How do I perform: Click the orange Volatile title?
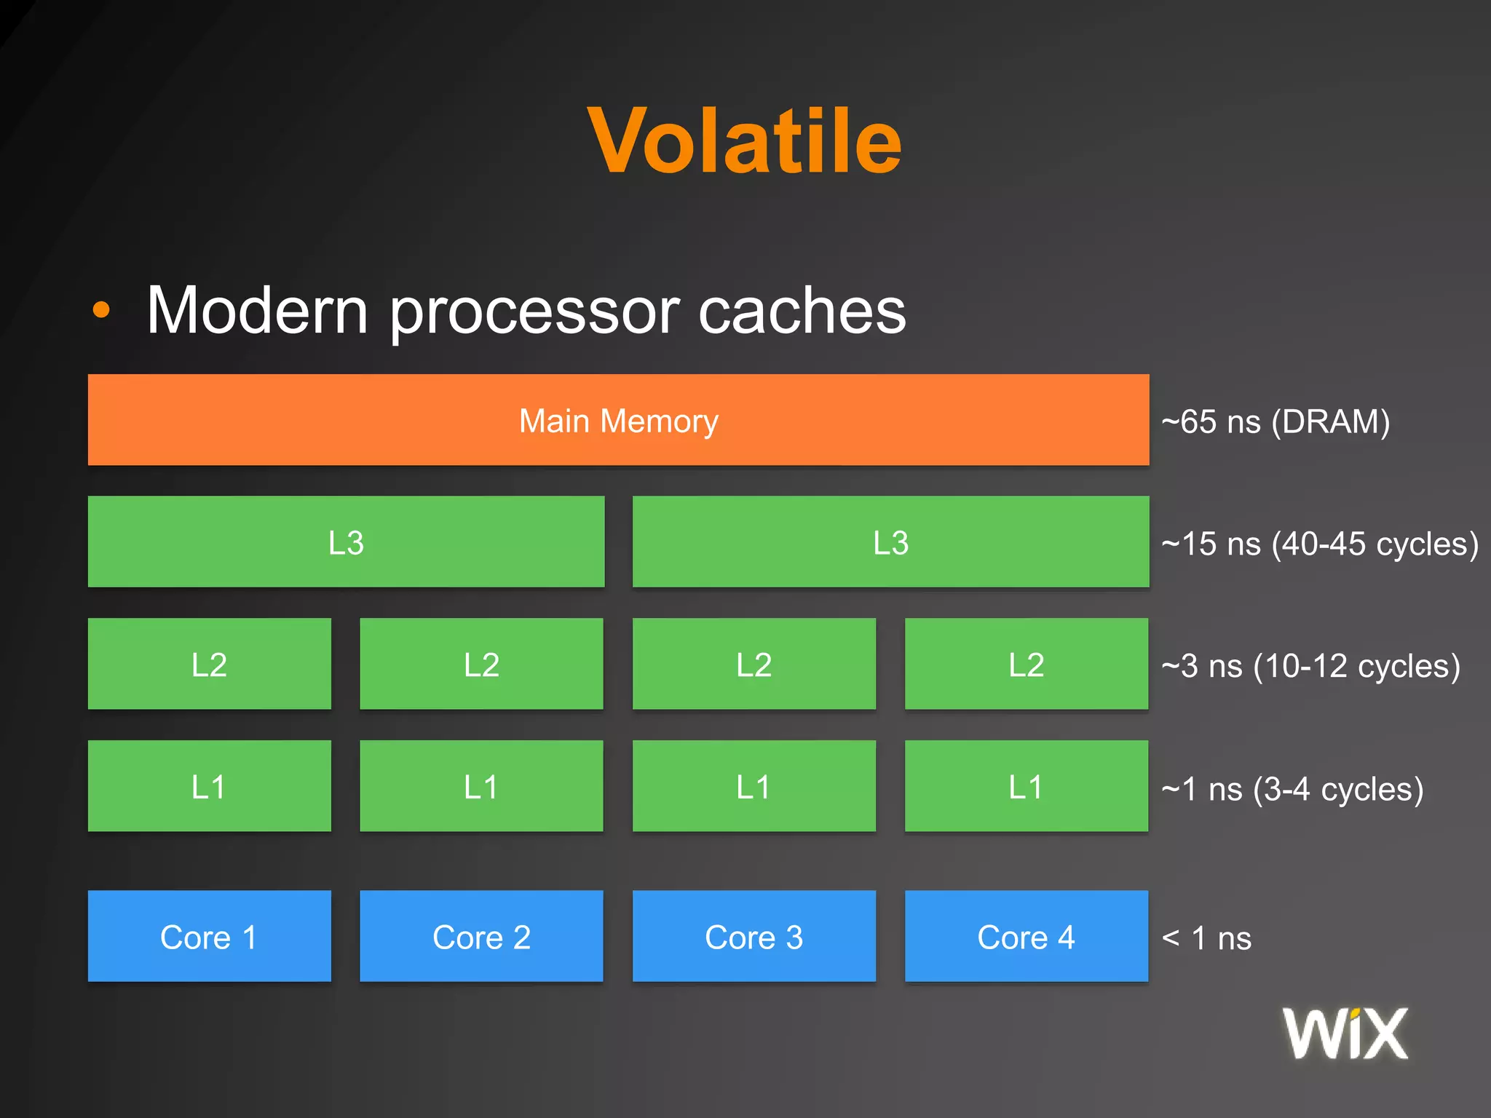point(744,141)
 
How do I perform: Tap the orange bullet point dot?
point(101,310)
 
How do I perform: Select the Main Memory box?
point(618,420)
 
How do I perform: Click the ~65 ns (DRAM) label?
point(1276,422)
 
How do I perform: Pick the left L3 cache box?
point(346,542)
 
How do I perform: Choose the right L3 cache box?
point(890,542)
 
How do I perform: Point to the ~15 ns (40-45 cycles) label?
point(1319,544)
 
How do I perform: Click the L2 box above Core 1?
point(209,664)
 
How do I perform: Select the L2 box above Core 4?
point(1026,664)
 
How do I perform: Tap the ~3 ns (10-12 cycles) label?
point(1310,666)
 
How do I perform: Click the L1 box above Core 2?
point(481,786)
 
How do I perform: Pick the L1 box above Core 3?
point(754,786)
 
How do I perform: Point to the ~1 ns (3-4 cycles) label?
point(1292,789)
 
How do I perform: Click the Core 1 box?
point(209,936)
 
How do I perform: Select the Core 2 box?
point(481,936)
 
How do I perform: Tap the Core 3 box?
point(754,936)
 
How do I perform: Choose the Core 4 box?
point(1026,936)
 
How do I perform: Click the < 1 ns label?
point(1206,938)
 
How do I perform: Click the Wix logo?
point(1345,1034)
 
